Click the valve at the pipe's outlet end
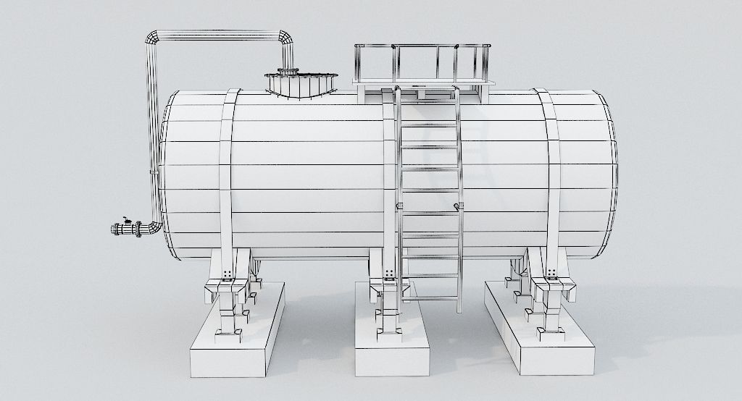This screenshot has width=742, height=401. tap(126, 229)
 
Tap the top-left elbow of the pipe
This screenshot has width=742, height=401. tap(154, 38)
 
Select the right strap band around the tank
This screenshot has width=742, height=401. tap(551, 174)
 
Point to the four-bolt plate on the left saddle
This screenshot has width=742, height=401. tap(228, 273)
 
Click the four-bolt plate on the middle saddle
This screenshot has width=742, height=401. tap(390, 273)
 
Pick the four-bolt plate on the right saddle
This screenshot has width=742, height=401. tap(552, 273)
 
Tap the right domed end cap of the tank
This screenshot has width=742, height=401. tap(607, 174)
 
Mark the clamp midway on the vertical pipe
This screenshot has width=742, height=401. tap(153, 172)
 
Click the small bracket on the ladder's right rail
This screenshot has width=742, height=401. tap(458, 207)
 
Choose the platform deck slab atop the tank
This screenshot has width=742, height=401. tap(424, 83)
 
